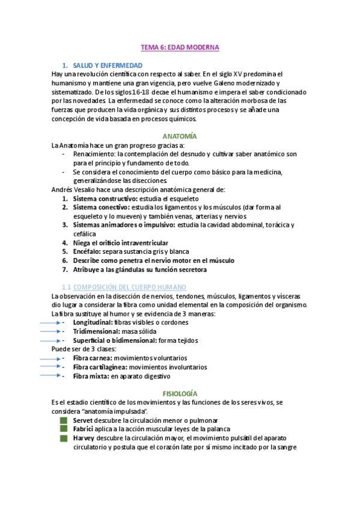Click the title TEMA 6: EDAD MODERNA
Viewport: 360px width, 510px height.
pyautogui.click(x=180, y=47)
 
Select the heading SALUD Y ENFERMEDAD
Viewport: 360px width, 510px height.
pyautogui.click(x=108, y=65)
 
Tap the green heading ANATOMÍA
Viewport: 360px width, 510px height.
pyautogui.click(x=180, y=136)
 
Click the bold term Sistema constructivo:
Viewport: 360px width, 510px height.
pyautogui.click(x=105, y=198)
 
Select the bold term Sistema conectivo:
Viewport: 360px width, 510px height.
pyautogui.click(x=101, y=207)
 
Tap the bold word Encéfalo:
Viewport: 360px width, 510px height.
pyautogui.click(x=87, y=251)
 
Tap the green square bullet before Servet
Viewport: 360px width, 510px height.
pyautogui.click(x=64, y=420)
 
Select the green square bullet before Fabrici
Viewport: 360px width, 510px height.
pyautogui.click(x=64, y=429)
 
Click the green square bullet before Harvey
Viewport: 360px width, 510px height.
pyautogui.click(x=64, y=438)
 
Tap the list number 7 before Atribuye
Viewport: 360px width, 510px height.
pyautogui.click(x=65, y=269)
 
